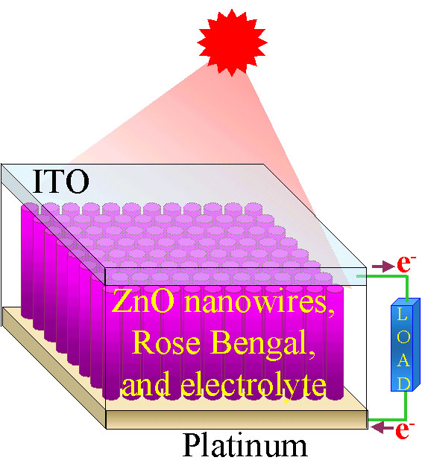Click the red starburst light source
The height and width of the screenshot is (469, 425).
click(232, 42)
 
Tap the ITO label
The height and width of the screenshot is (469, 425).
click(60, 181)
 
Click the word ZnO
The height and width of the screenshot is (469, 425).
click(143, 301)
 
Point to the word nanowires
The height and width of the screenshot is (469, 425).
click(259, 303)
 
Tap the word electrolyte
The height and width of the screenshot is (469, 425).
click(254, 384)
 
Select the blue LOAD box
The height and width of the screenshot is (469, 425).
click(406, 345)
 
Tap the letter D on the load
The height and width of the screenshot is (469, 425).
click(403, 383)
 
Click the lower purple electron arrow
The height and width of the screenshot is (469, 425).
click(382, 427)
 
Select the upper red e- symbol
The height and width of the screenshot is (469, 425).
click(406, 264)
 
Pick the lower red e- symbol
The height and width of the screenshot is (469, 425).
click(404, 430)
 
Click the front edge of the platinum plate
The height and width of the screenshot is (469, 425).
click(237, 419)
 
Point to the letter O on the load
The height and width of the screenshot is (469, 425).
click(403, 336)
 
